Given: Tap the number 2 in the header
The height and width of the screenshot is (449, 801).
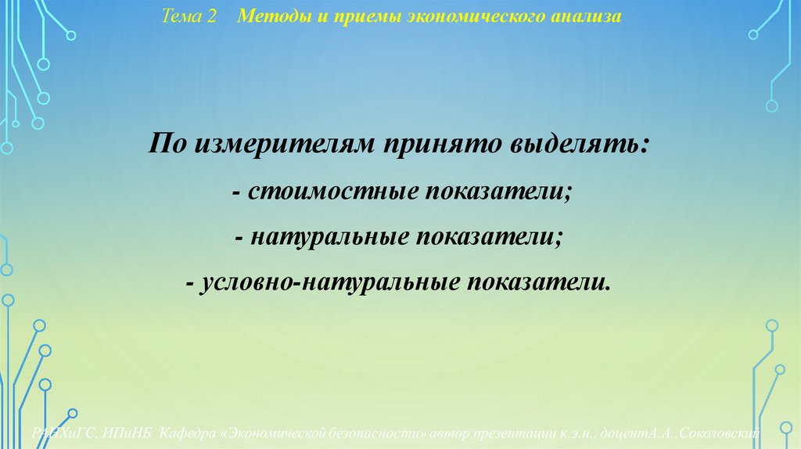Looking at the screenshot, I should click(x=210, y=16).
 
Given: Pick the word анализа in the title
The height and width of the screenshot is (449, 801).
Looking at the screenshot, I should click(x=591, y=16).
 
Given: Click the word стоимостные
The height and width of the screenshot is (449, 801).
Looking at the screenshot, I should click(x=334, y=192).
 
